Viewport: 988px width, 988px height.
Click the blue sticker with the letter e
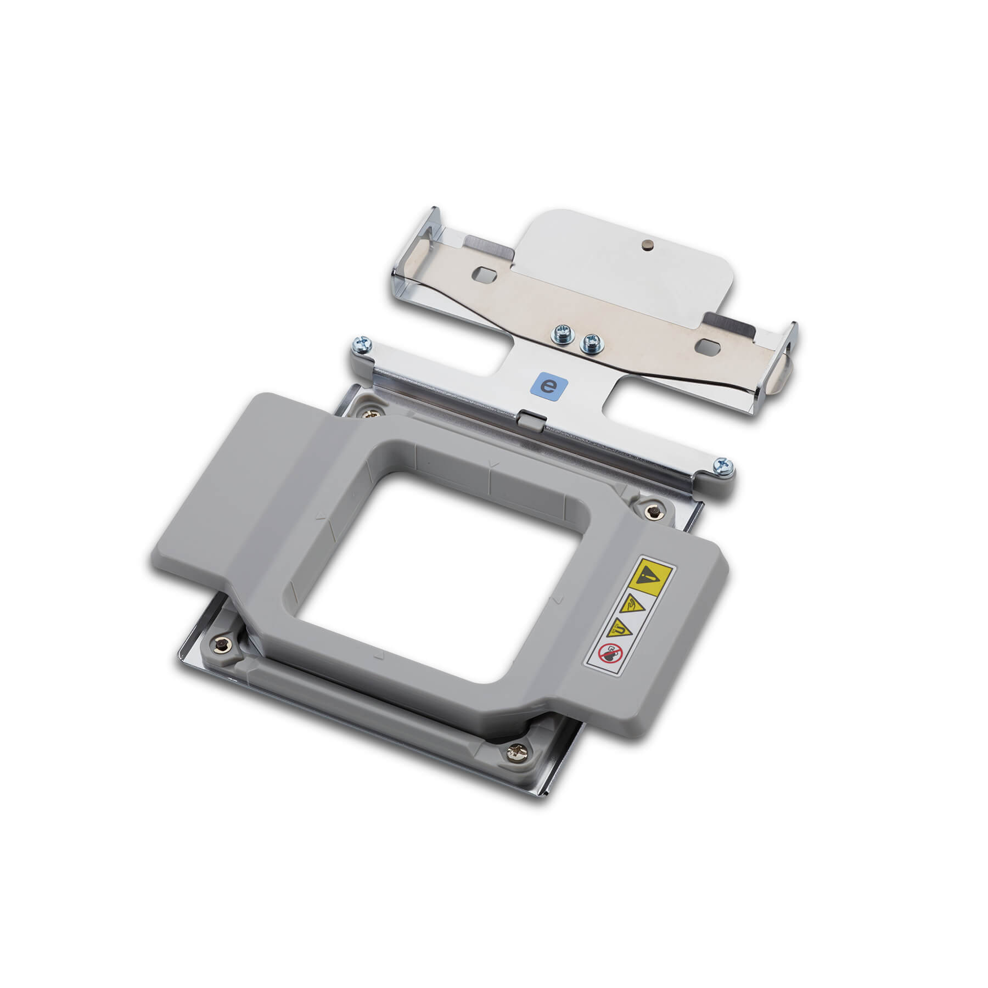[547, 386]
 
